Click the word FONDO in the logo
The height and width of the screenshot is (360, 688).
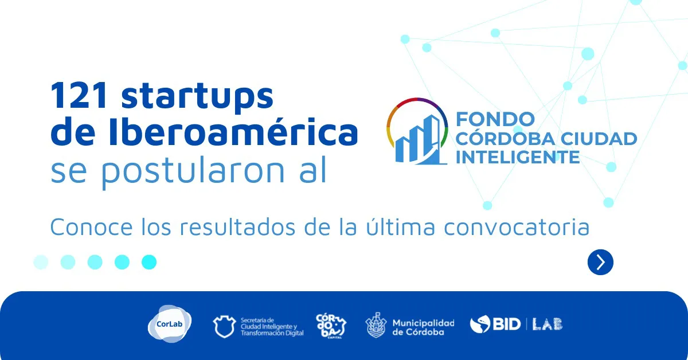(495, 119)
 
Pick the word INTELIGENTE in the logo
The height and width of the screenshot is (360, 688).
(517, 156)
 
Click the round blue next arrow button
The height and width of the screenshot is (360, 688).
(600, 262)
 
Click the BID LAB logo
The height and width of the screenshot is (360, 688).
(516, 324)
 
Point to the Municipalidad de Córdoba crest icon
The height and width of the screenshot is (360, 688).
(376, 325)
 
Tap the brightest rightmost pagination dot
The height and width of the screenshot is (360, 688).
(149, 262)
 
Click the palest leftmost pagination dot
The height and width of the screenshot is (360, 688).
(41, 262)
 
